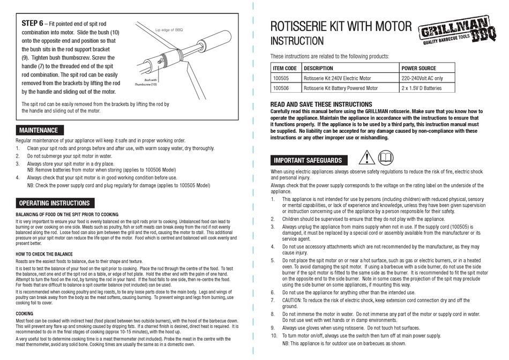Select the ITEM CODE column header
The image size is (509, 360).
point(285,69)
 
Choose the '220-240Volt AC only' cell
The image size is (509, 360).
point(422,78)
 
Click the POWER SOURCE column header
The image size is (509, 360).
point(419,69)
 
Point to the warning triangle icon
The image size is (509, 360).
point(367,157)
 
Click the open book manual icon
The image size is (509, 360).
point(385,157)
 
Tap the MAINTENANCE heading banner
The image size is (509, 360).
point(38,130)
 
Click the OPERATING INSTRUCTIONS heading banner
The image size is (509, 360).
point(54,204)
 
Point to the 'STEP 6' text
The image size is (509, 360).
point(32,24)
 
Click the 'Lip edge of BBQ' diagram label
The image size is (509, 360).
point(169,31)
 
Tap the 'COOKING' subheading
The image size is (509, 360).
point(25,313)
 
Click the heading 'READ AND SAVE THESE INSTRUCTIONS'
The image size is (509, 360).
point(321,104)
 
